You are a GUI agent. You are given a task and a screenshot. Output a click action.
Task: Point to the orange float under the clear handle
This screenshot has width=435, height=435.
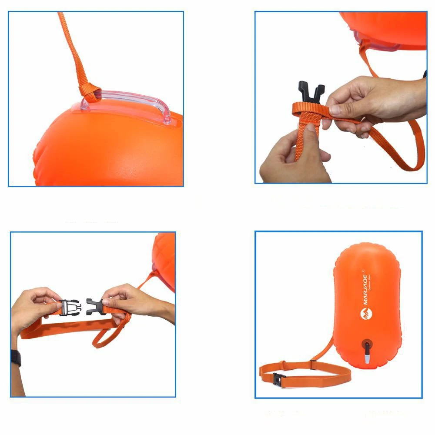[x=109, y=148]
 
